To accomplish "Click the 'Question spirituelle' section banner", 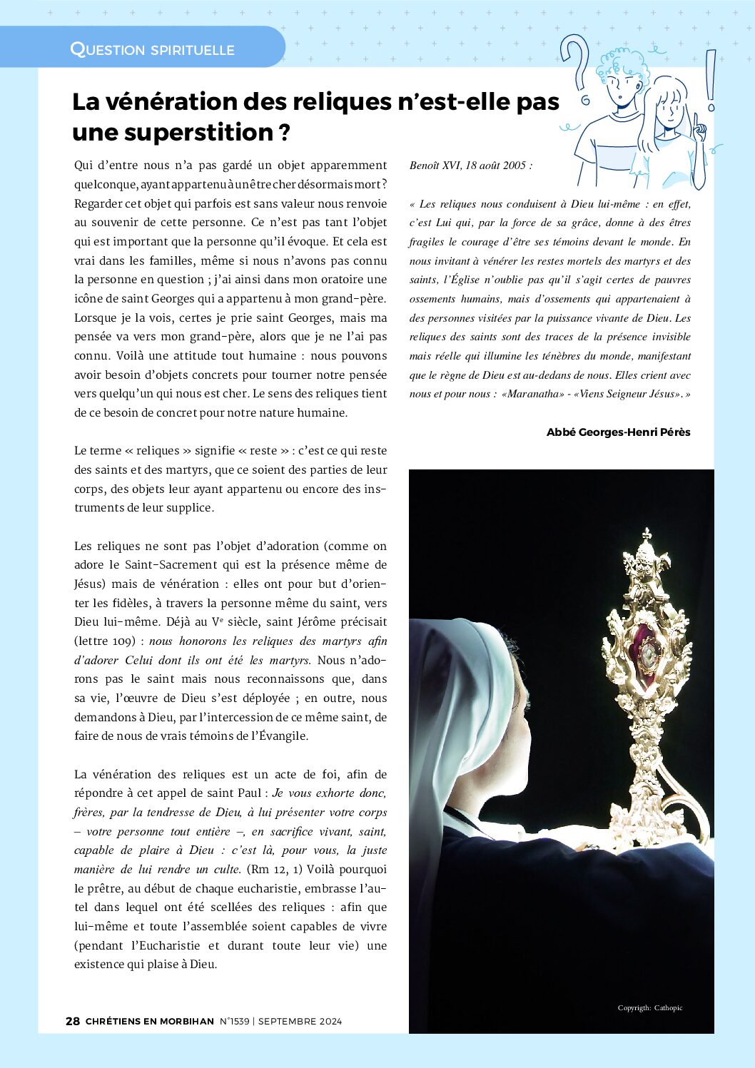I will pos(152,49).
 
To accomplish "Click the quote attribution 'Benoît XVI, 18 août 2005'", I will pos(470,166).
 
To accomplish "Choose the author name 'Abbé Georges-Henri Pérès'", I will pos(618,432).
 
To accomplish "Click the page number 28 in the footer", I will pos(73,1021).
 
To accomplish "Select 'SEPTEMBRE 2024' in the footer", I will pos(300,1021).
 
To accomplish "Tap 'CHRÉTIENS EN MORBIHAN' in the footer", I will pos(150,1021).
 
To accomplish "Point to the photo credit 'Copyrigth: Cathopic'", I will pos(650,1007).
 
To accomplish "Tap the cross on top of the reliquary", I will pos(647,534).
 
